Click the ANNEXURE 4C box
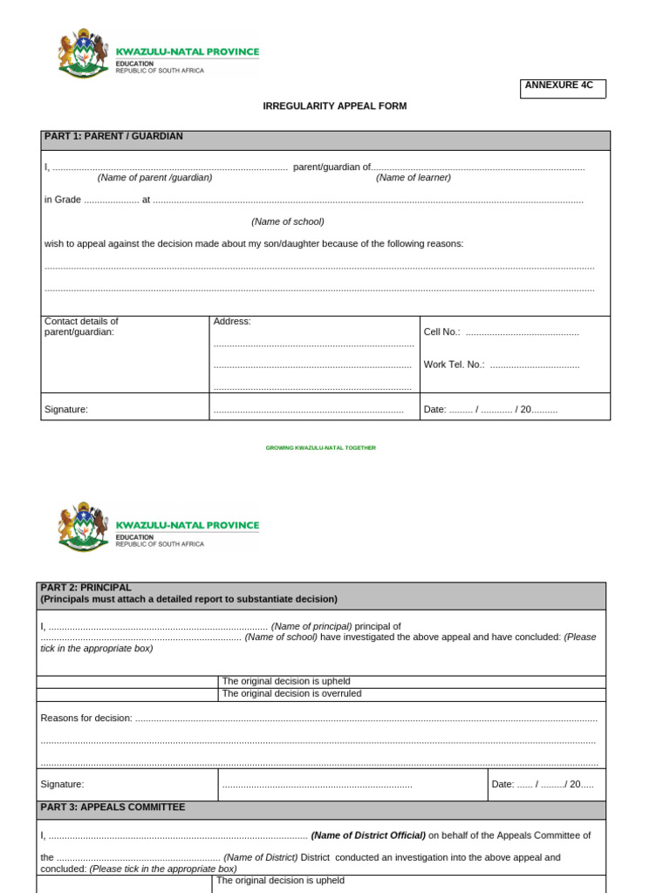pos(562,88)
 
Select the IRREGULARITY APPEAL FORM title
pos(335,106)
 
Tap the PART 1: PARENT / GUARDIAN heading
pos(113,137)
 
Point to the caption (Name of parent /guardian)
pos(154,178)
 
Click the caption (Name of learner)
pos(414,178)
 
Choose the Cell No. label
pos(441,332)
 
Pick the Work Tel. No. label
pos(454,365)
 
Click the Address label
pos(232,322)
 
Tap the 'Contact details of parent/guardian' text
pos(81,326)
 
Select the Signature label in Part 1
pos(66,410)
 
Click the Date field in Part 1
pos(490,410)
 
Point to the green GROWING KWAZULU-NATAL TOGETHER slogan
pos(320,448)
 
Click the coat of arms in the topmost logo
pos(82,54)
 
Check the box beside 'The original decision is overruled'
pos(126,694)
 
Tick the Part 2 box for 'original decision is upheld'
pos(126,682)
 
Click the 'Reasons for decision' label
pos(86,719)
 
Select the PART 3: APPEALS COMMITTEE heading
pos(113,808)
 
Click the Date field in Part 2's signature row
pos(543,785)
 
